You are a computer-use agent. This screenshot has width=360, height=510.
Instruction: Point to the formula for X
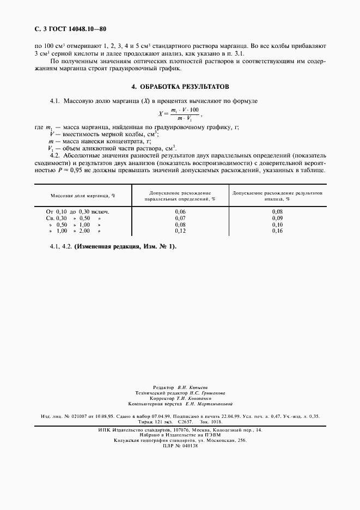click(180, 114)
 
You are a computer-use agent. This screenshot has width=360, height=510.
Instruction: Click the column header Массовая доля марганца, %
click(84, 195)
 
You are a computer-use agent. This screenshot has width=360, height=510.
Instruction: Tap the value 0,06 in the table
click(180, 211)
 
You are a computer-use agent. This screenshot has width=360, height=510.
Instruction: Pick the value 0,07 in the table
click(180, 217)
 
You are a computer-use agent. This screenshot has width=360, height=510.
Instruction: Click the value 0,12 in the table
click(180, 230)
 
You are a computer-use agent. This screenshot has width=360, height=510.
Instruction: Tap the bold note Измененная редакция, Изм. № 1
click(125, 246)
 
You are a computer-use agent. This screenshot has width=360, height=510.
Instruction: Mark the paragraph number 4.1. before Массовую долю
click(54, 101)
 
